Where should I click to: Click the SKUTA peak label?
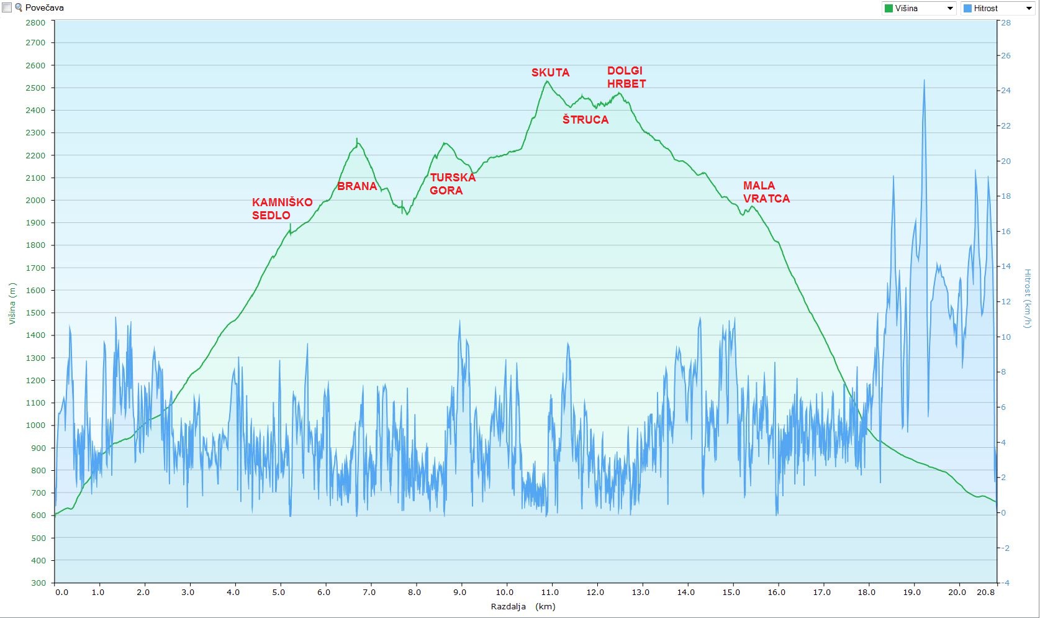click(550, 73)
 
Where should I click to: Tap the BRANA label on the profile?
click(357, 186)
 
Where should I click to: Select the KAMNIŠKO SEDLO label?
click(282, 209)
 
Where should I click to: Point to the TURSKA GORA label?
click(453, 184)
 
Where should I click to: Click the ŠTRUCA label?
click(586, 120)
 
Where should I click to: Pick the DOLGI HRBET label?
click(626, 77)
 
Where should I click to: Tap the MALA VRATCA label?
click(766, 192)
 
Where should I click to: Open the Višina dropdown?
click(919, 8)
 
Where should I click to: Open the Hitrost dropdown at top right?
click(997, 8)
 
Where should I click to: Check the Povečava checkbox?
click(7, 8)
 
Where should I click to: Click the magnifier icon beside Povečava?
click(19, 8)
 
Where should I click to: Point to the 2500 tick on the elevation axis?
click(35, 88)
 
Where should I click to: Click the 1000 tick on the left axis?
click(35, 425)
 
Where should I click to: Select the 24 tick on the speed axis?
click(1006, 91)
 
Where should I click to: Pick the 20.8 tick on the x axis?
click(986, 592)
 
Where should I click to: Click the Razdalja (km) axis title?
click(523, 607)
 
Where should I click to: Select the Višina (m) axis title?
click(12, 304)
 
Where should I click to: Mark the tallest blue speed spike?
click(924, 81)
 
